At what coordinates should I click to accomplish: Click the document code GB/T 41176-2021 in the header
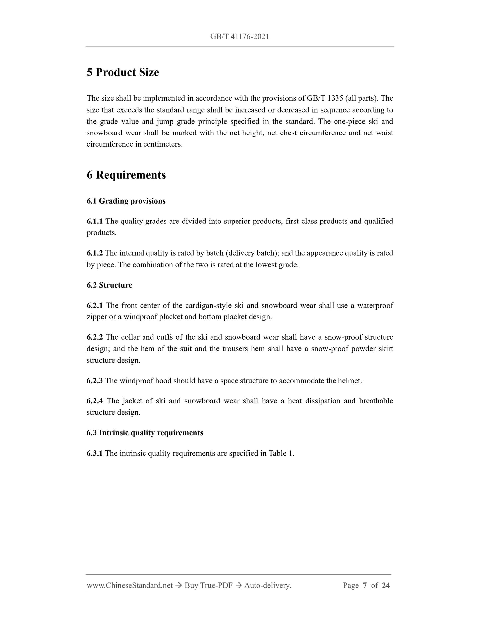[x=240, y=37]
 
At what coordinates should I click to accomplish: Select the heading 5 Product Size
[x=123, y=72]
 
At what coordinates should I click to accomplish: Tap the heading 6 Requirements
[x=126, y=175]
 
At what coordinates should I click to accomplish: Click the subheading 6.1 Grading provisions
[x=126, y=201]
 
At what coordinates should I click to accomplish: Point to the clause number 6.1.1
[x=95, y=221]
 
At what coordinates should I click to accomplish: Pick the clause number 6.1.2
[x=95, y=253]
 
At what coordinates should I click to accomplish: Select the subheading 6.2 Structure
[x=109, y=285]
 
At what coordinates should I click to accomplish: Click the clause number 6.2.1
[x=95, y=305]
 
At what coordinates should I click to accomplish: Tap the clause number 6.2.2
[x=95, y=337]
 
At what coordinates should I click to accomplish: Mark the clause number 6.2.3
[x=95, y=381]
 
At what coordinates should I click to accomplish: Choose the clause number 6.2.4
[x=95, y=401]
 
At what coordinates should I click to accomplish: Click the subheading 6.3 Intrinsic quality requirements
[x=145, y=433]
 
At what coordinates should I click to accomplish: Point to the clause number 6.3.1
[x=95, y=453]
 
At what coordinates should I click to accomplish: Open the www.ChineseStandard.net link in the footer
[x=130, y=585]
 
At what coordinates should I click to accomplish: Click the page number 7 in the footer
[x=365, y=585]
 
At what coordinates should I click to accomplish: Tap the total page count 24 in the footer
[x=386, y=585]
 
